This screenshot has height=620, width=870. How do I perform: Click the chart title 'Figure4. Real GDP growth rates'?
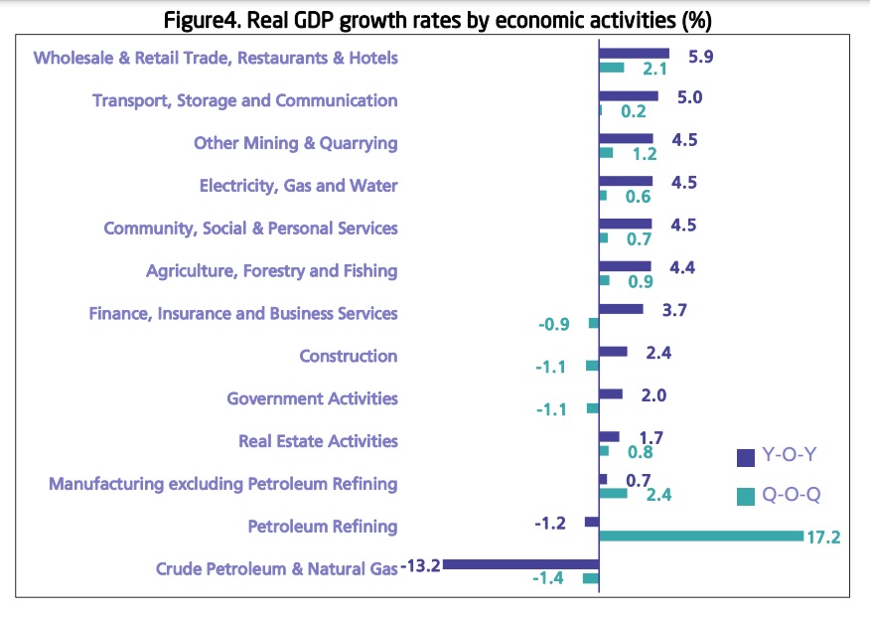tap(435, 19)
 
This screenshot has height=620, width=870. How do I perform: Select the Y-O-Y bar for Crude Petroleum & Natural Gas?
tap(520, 563)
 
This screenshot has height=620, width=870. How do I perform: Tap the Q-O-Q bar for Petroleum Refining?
tap(700, 537)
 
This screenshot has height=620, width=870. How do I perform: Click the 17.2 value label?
tap(824, 538)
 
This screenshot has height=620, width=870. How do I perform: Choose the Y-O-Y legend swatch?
tap(745, 457)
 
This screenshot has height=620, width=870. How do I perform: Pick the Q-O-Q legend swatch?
tap(745, 495)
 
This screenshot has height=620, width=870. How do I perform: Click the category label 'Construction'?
tap(348, 356)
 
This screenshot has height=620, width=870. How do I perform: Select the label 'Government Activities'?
tap(312, 398)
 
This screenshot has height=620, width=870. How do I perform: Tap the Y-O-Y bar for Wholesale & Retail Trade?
tap(634, 53)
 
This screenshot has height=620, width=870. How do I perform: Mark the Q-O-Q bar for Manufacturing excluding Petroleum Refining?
tap(613, 493)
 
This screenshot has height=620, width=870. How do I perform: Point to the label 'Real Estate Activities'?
tap(318, 441)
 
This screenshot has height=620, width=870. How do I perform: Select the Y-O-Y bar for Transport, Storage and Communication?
tap(629, 95)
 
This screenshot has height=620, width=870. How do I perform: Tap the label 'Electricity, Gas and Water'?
tap(298, 185)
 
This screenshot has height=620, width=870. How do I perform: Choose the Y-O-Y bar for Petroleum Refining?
tap(592, 522)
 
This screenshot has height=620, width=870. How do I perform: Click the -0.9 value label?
tap(554, 324)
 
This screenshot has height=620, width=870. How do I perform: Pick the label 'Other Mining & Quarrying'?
tap(295, 142)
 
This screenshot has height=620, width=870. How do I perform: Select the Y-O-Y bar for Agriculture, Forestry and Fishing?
tap(625, 266)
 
